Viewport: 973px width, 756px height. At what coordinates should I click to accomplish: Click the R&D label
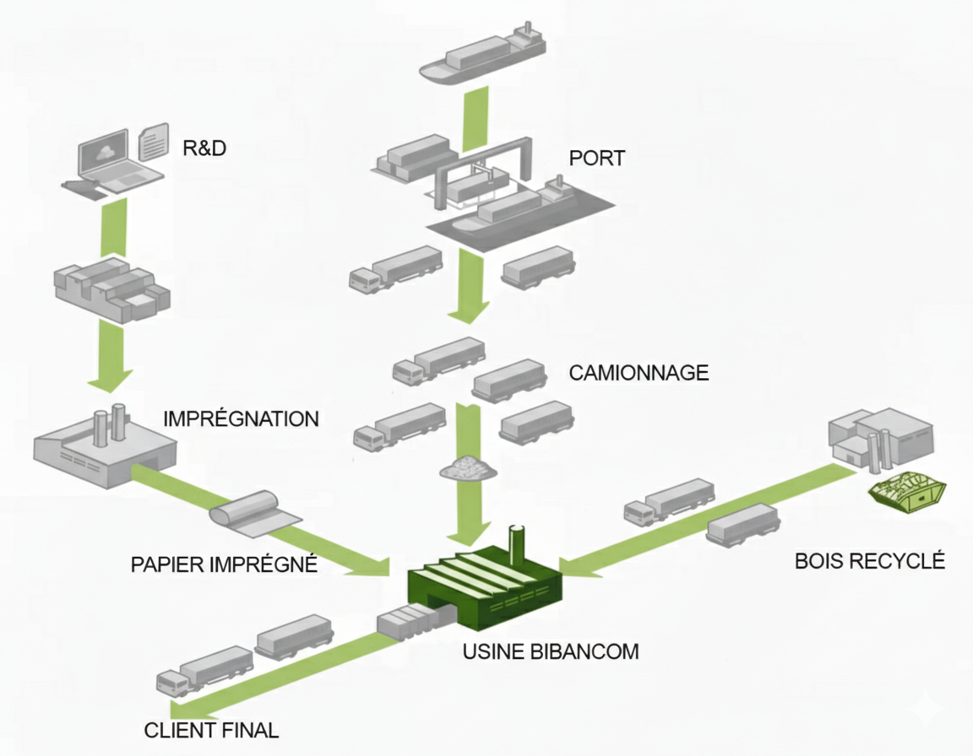(204, 148)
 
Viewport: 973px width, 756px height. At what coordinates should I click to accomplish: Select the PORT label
(597, 157)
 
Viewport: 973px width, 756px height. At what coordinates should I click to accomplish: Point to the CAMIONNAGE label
(639, 372)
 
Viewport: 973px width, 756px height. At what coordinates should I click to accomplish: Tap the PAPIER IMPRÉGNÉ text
(224, 564)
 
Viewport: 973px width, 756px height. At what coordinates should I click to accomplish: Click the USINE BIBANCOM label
(551, 651)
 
